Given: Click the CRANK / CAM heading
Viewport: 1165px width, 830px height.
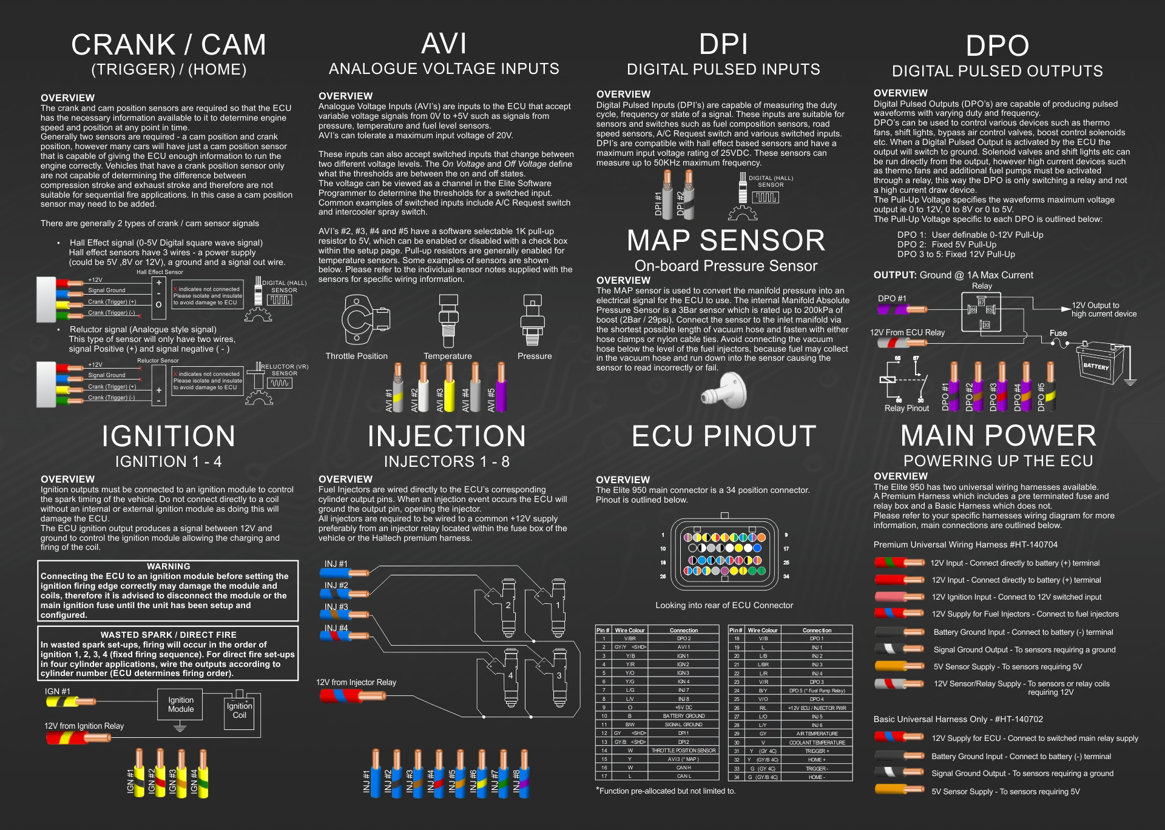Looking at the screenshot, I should pos(168,45).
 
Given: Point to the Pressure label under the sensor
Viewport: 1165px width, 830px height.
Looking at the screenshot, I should pos(535,356).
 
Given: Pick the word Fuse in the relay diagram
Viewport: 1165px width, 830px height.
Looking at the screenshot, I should pos(1058,333).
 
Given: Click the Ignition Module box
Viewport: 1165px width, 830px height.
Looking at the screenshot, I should pos(181,704).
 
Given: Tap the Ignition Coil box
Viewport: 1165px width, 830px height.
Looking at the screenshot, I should pos(240,711).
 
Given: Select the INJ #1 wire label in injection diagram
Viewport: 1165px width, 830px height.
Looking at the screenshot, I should pos(336,564).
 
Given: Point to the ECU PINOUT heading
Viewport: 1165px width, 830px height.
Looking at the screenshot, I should pos(724,437).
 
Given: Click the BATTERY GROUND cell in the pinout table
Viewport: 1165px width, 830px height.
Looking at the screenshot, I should pos(684,716).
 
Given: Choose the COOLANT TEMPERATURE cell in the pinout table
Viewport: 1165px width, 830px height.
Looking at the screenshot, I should pos(817,743).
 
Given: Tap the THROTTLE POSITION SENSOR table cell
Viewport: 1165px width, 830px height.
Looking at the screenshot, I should pos(684,751).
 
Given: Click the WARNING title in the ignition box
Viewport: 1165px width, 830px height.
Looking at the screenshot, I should pos(168,566).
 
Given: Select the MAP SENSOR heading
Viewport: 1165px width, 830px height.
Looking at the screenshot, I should pos(726,241).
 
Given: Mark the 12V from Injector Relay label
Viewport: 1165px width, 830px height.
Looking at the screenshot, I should pos(356,683).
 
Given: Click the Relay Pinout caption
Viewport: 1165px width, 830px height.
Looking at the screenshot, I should pos(907,409).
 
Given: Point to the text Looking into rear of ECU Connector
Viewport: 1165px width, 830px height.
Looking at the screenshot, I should pos(724,605).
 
